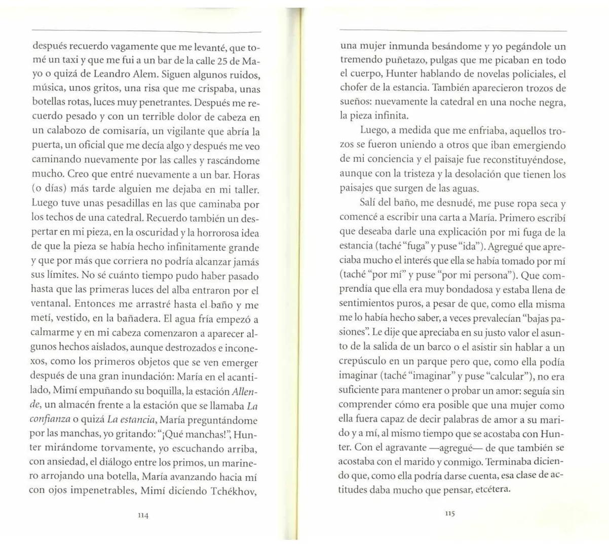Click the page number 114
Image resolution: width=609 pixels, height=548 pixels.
[x=143, y=515]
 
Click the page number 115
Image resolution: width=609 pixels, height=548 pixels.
[x=450, y=513]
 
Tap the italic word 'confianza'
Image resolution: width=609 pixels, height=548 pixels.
[x=51, y=420]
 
